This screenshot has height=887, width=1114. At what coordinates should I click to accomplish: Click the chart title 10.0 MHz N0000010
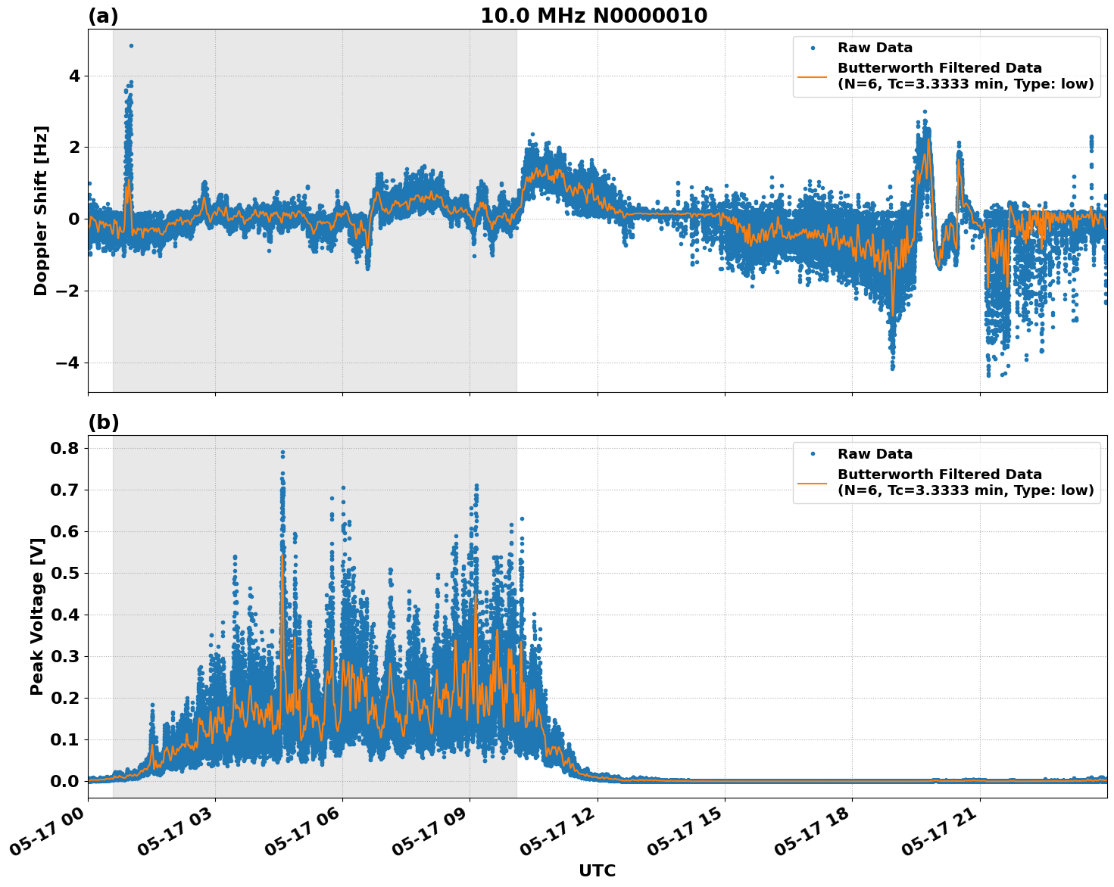coord(594,16)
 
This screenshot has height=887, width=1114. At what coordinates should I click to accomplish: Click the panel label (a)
coord(103,16)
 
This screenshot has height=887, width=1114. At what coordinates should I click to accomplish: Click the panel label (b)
coord(104,422)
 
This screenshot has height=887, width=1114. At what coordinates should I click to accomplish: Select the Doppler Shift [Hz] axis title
coord(41,210)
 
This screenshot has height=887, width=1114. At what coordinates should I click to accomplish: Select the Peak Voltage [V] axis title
coord(37,617)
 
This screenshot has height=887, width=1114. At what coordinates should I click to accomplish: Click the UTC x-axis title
coord(597,870)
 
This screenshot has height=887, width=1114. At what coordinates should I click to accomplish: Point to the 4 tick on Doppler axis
coord(74,76)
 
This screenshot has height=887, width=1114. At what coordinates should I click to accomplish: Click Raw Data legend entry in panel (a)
coord(875,48)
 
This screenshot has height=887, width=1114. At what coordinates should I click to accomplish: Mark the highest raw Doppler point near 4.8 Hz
coord(131,45)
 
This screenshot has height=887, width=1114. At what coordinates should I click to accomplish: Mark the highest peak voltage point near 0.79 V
coord(282,453)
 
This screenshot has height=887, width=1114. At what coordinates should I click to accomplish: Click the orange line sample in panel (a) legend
coord(812,76)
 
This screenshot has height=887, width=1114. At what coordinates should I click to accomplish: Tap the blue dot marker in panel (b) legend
coord(812,454)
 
